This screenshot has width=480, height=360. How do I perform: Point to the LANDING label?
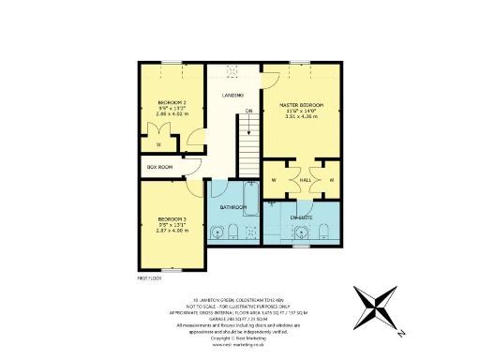[x=232, y=95]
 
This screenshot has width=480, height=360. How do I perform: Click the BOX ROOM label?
[x=159, y=167]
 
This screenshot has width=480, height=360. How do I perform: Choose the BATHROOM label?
[x=232, y=206]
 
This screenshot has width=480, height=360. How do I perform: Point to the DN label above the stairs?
[x=249, y=112]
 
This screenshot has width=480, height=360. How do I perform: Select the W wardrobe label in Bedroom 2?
[x=158, y=145]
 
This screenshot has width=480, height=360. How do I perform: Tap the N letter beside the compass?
[x=400, y=333]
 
